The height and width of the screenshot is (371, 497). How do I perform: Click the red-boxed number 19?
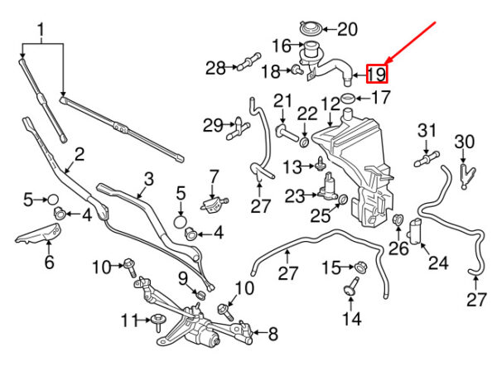[377, 75]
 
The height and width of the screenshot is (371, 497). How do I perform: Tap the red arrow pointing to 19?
[411, 42]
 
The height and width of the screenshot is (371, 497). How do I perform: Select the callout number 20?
[347, 30]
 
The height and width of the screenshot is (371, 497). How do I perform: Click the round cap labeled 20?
[311, 28]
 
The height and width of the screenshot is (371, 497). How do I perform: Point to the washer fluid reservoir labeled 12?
[355, 165]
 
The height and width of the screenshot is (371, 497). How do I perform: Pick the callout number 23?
[295, 196]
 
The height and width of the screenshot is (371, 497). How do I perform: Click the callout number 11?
[130, 320]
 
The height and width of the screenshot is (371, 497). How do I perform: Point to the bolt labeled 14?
[351, 286]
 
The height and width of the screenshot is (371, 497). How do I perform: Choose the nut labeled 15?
[360, 267]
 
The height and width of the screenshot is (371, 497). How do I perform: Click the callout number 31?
[427, 131]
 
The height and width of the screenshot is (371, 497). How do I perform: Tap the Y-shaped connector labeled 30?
[466, 176]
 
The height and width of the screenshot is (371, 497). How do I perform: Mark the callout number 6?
[49, 262]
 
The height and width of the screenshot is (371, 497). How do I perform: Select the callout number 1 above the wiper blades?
[41, 30]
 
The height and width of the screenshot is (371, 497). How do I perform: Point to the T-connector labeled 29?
[237, 128]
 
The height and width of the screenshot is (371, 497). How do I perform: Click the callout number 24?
[439, 263]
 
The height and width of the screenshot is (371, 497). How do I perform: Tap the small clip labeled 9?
[201, 295]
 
